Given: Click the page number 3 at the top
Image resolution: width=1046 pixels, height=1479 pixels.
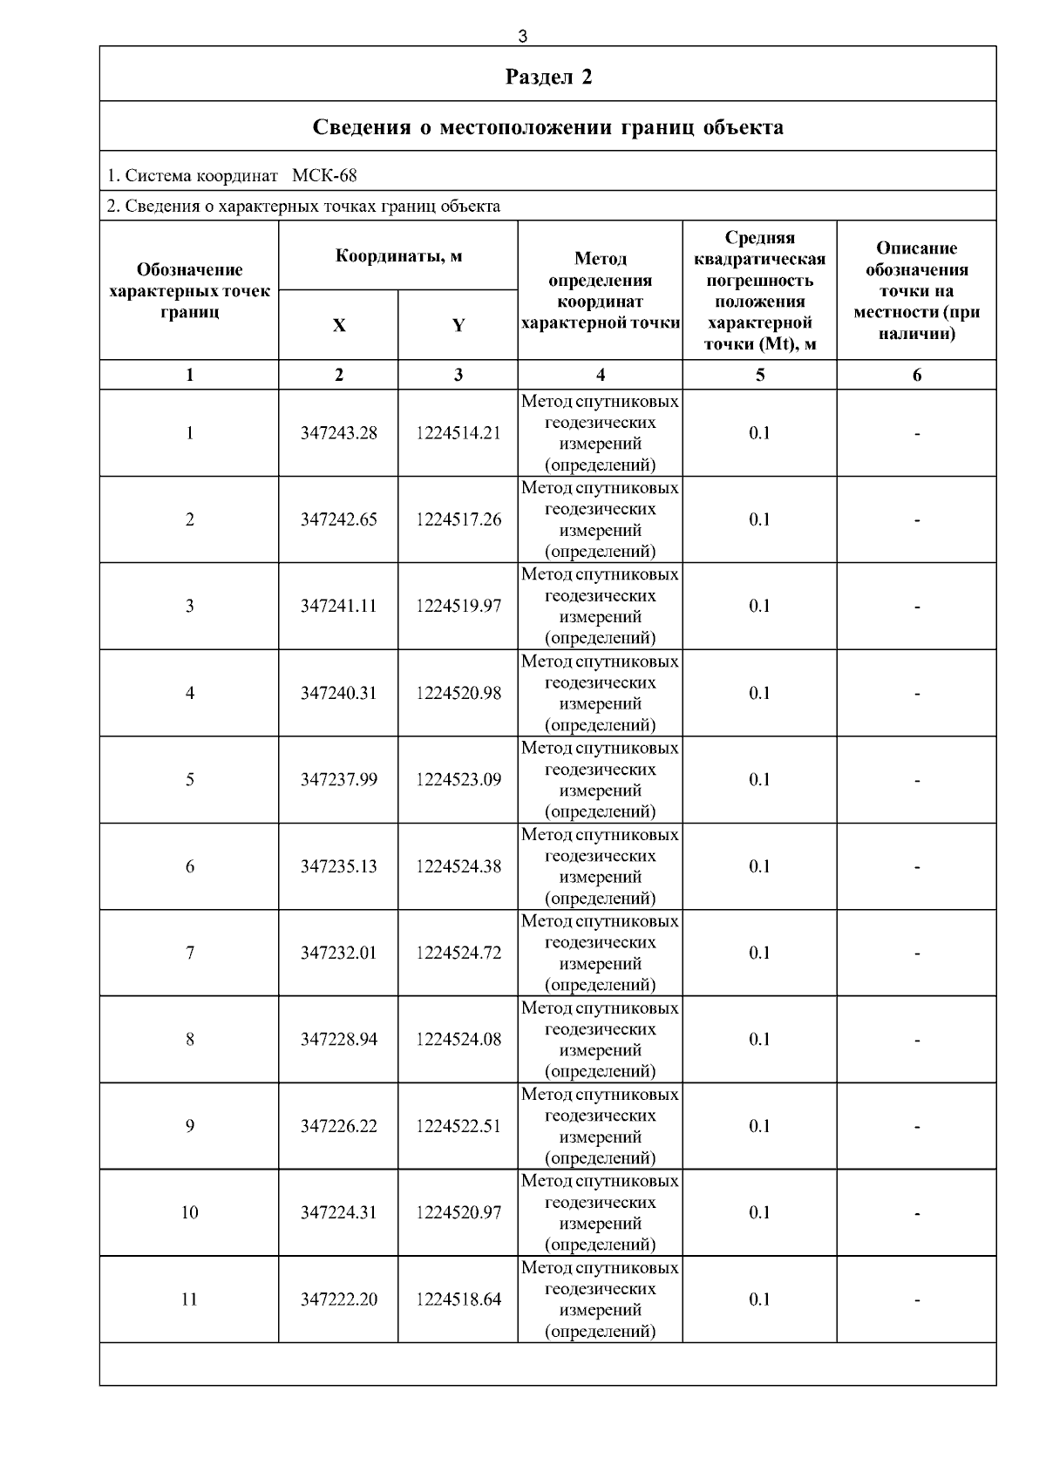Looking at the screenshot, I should tap(522, 37).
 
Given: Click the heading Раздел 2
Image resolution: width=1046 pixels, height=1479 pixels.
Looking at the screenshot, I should tap(548, 77).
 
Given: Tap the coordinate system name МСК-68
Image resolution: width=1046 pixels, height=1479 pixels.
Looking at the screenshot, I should tap(324, 175).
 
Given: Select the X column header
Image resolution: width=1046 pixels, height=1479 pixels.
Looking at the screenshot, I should tap(338, 326).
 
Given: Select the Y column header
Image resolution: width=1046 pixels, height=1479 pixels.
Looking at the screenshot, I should tap(458, 326).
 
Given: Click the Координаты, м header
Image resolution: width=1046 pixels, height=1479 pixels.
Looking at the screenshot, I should tap(398, 255).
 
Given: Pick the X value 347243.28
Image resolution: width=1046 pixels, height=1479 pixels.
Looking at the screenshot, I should tap(338, 433).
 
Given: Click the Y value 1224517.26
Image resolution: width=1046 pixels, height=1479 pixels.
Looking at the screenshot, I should tap(458, 519).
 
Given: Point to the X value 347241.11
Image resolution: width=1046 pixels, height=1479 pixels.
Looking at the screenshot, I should tap(338, 606).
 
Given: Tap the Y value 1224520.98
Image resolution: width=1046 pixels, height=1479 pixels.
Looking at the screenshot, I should tap(458, 693).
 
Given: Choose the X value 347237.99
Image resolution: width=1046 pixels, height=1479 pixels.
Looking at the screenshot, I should tap(338, 779).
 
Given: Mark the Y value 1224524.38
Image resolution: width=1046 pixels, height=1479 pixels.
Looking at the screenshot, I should tap(458, 866).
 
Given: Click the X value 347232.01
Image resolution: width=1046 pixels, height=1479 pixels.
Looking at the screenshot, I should tap(338, 953).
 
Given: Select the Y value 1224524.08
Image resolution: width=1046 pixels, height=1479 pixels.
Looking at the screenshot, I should tap(458, 1039).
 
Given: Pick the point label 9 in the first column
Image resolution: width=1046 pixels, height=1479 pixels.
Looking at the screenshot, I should tap(189, 1126).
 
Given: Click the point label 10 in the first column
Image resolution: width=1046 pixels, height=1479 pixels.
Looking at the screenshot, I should tap(189, 1212).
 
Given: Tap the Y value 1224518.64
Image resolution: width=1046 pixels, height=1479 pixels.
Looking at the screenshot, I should tap(458, 1299).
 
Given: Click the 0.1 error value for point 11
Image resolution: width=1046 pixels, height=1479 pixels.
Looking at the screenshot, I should tap(759, 1299).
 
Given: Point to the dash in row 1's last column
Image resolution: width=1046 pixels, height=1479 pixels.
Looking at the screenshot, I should tap(917, 434).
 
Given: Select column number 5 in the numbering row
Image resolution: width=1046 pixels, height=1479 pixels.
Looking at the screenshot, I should tap(760, 375).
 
